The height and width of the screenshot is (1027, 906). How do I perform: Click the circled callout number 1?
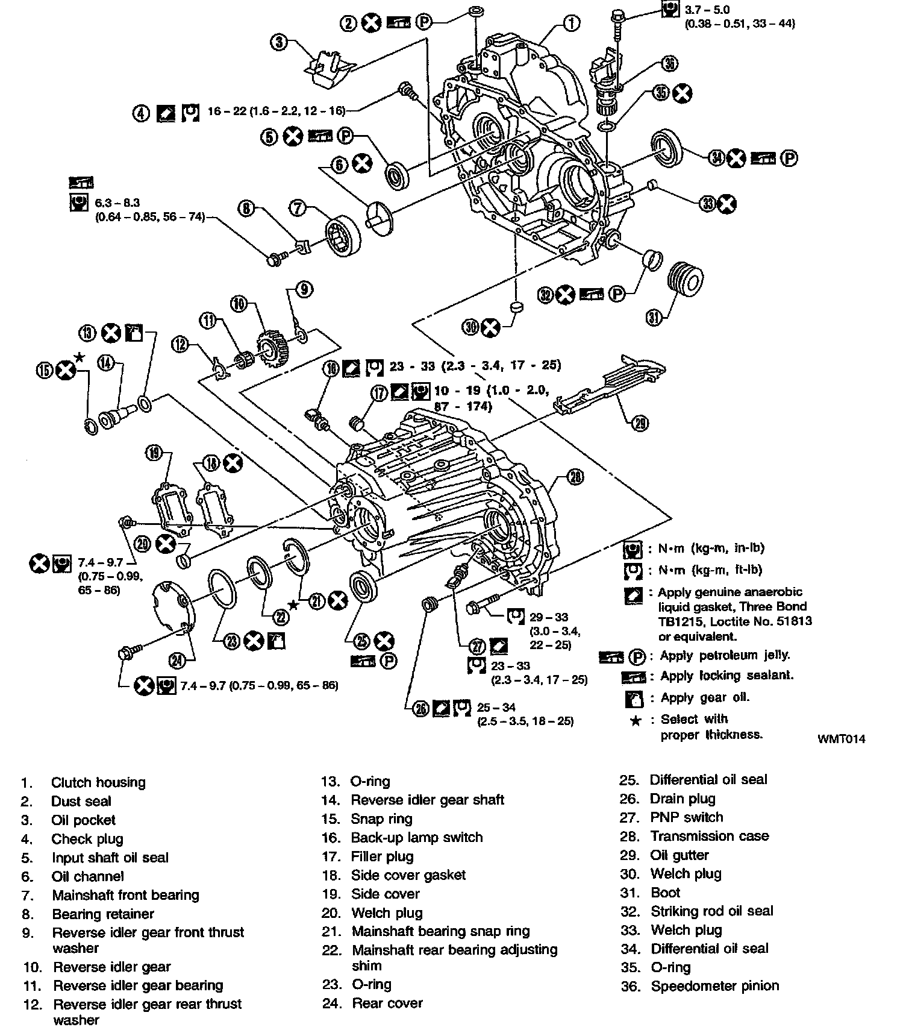pos(571,23)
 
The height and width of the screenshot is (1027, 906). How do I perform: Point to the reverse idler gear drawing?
pos(272,347)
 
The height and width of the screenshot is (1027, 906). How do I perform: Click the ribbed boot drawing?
pos(686,280)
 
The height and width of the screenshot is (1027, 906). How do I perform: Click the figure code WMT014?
pos(841,738)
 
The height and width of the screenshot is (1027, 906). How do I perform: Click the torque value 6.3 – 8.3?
pos(117,203)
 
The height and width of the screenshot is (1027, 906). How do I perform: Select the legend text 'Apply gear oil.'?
pos(705,697)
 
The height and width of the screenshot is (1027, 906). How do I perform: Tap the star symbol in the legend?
pos(635,721)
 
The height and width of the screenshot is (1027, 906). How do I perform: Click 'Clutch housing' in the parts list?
pos(98,782)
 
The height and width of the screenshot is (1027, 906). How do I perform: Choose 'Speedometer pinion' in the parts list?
pos(714,986)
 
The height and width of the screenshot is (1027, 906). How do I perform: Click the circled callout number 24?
pos(177,661)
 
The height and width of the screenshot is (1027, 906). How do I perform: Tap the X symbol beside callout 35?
pos(682,93)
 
